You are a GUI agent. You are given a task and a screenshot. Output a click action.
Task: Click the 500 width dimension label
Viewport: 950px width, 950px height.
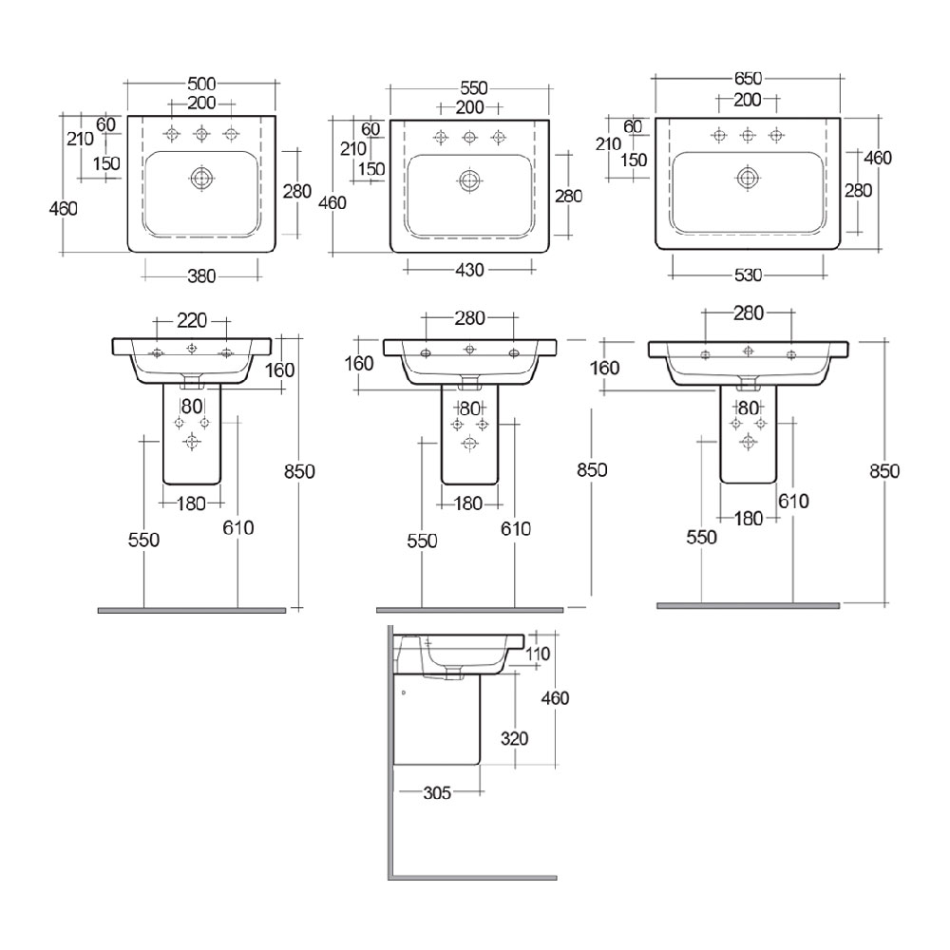click(x=200, y=83)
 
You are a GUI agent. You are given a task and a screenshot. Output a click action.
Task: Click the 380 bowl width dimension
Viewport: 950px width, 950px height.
click(x=200, y=276)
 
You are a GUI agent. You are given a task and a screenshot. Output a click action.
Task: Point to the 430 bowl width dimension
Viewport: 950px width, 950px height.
click(x=469, y=270)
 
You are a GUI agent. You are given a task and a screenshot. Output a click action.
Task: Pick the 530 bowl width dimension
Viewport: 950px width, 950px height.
click(x=748, y=275)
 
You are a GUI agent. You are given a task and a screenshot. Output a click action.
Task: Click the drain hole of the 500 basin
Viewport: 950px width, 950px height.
click(x=201, y=178)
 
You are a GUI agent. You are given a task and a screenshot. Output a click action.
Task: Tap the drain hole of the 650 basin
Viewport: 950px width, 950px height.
click(x=748, y=176)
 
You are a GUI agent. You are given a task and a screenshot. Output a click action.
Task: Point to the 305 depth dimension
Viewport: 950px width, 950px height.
click(x=438, y=790)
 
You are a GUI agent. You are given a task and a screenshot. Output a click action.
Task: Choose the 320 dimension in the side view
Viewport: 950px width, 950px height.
click(x=513, y=738)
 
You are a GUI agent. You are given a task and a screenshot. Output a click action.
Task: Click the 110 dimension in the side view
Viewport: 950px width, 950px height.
click(x=539, y=654)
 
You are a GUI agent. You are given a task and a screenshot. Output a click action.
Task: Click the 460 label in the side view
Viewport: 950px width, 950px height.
click(x=554, y=698)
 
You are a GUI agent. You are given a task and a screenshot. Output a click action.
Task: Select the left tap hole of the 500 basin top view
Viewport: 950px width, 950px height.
click(x=172, y=133)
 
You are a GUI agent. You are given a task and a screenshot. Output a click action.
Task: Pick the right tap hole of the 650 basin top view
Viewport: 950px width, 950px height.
click(x=776, y=134)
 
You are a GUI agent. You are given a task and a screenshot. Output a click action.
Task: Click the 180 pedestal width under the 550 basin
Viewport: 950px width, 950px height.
click(x=467, y=503)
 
